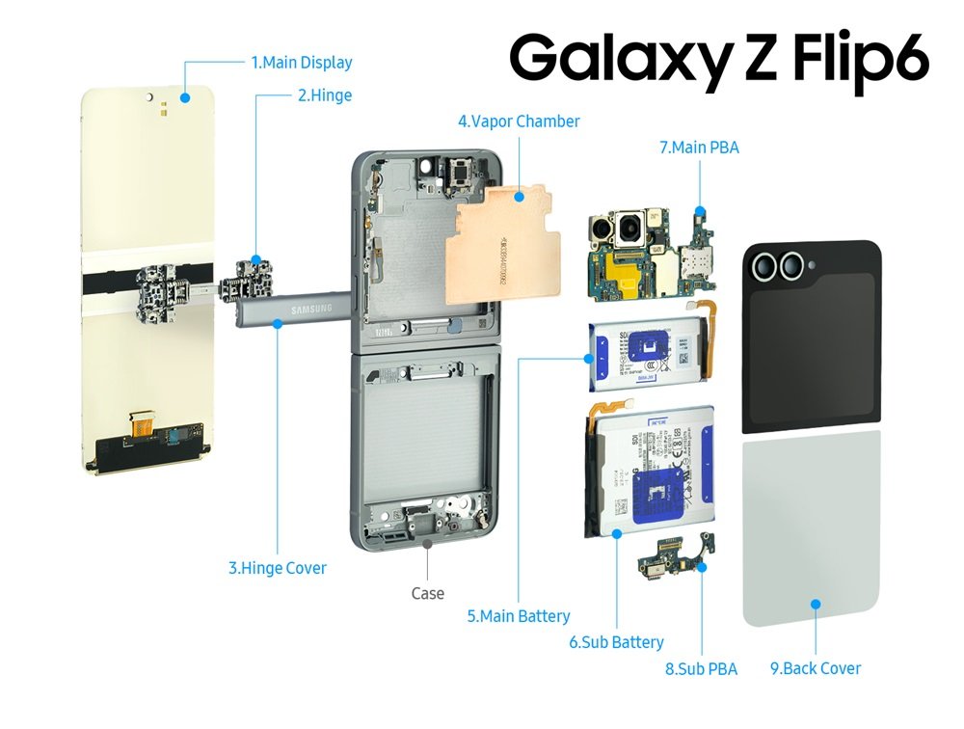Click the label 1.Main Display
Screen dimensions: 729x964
(302, 63)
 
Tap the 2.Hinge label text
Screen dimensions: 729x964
(325, 95)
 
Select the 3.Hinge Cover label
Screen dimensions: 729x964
(278, 568)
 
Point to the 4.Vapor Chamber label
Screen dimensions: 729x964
(519, 121)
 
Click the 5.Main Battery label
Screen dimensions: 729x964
(519, 615)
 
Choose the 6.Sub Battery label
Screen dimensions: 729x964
(616, 641)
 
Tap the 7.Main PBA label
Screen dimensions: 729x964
(699, 148)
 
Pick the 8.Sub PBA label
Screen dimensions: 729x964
(701, 668)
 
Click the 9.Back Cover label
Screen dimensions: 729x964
(816, 667)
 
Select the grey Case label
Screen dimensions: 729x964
(427, 593)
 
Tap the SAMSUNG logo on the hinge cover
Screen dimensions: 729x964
(306, 309)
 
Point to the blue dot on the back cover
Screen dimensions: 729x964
(816, 605)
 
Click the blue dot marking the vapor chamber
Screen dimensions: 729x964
(519, 197)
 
